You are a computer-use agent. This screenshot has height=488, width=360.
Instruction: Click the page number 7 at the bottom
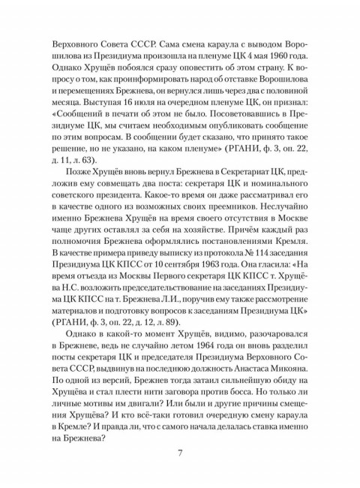[x=180, y=453]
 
